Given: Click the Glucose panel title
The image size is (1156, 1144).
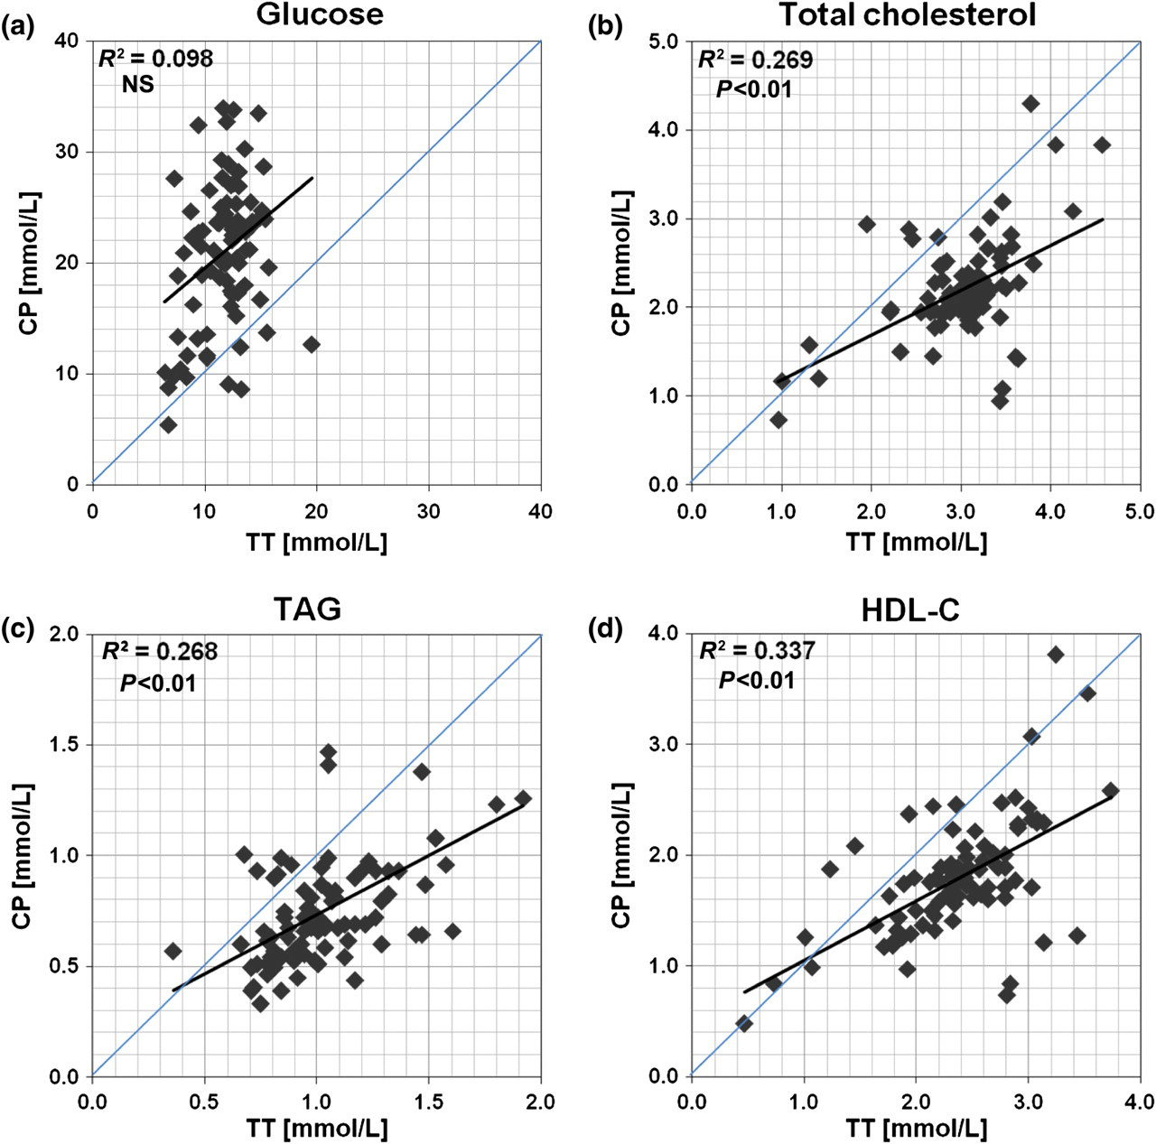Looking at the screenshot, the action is (x=320, y=14).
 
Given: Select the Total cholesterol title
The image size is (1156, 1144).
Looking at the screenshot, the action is (x=909, y=14).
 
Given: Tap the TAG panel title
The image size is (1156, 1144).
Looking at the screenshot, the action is (x=307, y=609).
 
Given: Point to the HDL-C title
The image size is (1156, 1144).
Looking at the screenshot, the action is (x=910, y=609).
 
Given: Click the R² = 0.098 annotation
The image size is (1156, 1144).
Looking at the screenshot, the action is (x=155, y=58).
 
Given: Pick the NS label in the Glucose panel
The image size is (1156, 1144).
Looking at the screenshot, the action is (x=138, y=85).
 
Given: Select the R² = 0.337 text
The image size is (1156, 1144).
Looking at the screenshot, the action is (x=758, y=651).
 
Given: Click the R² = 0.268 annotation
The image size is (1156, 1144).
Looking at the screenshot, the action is (x=160, y=651).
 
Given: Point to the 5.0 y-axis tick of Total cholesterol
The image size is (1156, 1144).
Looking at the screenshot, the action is (x=664, y=41).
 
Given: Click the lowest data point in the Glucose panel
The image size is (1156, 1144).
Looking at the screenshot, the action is (x=169, y=424).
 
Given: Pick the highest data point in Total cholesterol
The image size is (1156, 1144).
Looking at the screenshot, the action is (x=1030, y=104).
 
